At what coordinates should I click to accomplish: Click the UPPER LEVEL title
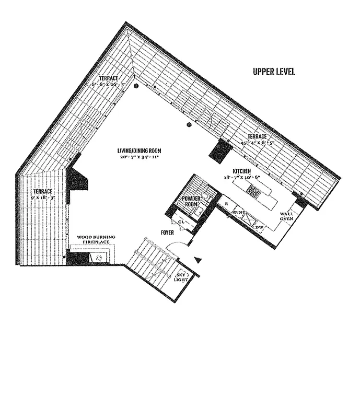pyautogui.click(x=273, y=72)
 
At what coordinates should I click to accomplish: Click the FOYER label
pyautogui.click(x=167, y=233)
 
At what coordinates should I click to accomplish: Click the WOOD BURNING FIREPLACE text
pyautogui.click(x=96, y=240)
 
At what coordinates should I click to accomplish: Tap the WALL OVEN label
pyautogui.click(x=286, y=216)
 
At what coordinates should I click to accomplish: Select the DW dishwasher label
pyautogui.click(x=259, y=228)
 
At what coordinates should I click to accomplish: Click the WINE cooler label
pyautogui.click(x=239, y=213)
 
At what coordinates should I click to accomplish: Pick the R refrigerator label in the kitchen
pyautogui.click(x=226, y=202)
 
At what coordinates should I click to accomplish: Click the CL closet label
pyautogui.click(x=181, y=222)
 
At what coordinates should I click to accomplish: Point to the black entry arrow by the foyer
pyautogui.click(x=198, y=259)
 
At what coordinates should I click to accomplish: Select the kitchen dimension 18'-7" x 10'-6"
pyautogui.click(x=242, y=178)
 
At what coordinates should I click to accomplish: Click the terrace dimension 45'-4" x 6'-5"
pyautogui.click(x=257, y=143)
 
